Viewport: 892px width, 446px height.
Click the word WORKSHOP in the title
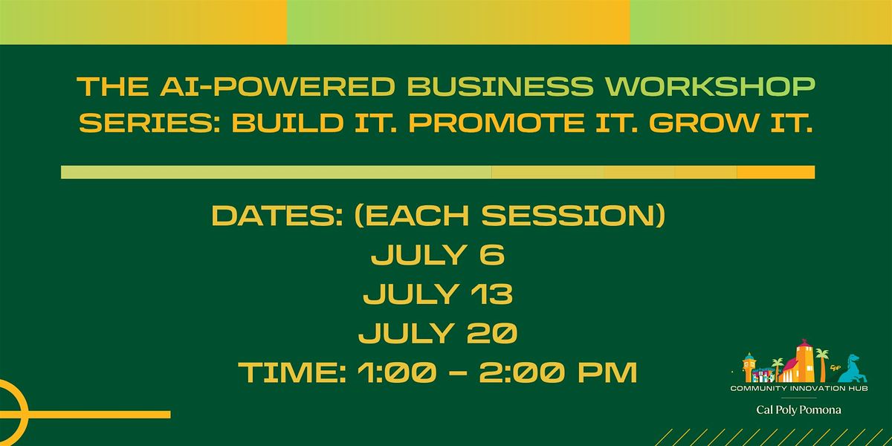pos(711,86)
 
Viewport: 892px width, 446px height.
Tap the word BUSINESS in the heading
pos(500,86)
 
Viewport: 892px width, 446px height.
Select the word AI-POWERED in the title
pos(278,86)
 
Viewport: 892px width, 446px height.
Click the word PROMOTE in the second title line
pos(497,123)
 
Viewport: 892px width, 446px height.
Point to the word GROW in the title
pos(704,123)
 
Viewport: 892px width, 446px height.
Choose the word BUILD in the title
pos(288,123)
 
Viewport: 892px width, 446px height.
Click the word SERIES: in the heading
pos(149,123)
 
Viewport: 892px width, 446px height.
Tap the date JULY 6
pos(438,255)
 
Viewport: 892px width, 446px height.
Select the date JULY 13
pos(438,294)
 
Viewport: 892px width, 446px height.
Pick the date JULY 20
pos(438,333)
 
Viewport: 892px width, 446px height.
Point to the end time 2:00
pos(520,372)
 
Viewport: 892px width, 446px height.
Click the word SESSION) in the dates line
pos(573,216)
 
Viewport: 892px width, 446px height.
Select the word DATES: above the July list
pos(277,216)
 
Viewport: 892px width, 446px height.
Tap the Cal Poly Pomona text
pos(799,410)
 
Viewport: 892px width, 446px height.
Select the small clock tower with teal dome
pos(749,367)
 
